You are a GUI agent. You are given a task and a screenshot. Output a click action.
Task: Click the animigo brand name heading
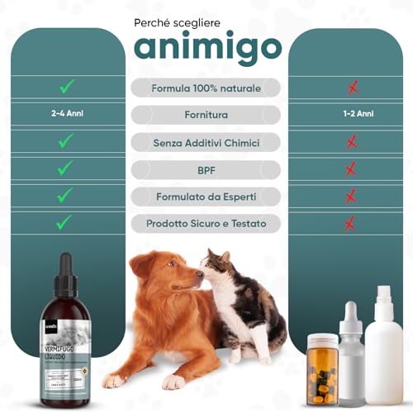(x=206, y=48)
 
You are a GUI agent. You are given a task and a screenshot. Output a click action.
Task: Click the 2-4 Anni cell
(x=64, y=115)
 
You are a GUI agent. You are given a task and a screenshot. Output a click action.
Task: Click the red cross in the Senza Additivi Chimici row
(x=351, y=142)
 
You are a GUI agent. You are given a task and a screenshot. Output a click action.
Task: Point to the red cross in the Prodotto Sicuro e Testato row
(x=351, y=223)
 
